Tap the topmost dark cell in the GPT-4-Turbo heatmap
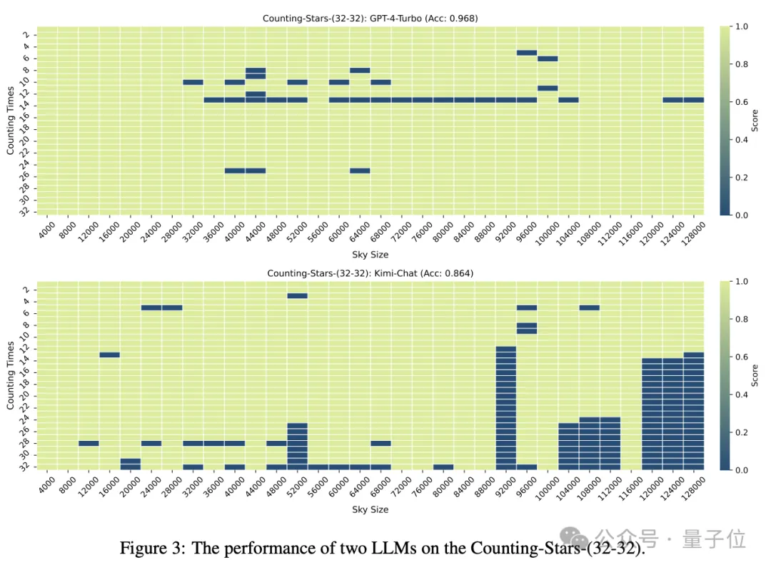click(x=526, y=52)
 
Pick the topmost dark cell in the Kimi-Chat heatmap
click(x=297, y=295)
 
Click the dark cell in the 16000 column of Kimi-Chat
click(x=109, y=355)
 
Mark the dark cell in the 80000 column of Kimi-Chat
click(x=443, y=467)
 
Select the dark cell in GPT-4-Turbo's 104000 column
click(x=568, y=100)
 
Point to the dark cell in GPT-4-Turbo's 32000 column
click(x=193, y=82)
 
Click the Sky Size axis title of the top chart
click(x=370, y=255)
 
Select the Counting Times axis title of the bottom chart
click(x=11, y=376)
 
